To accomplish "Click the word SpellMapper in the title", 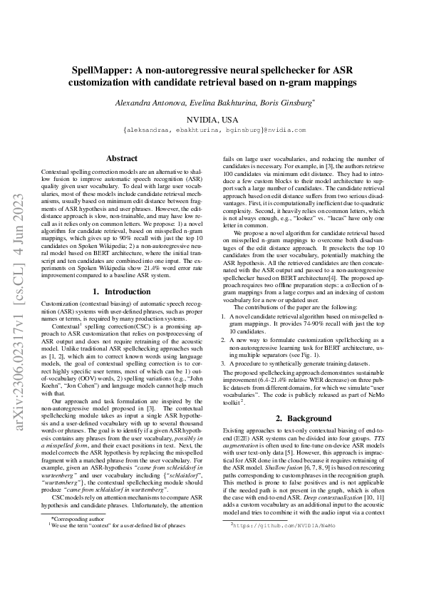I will (106, 71).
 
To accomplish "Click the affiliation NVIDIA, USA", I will (212, 120).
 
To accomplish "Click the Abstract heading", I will (121, 158).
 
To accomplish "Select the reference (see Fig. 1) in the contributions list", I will (302, 355).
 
